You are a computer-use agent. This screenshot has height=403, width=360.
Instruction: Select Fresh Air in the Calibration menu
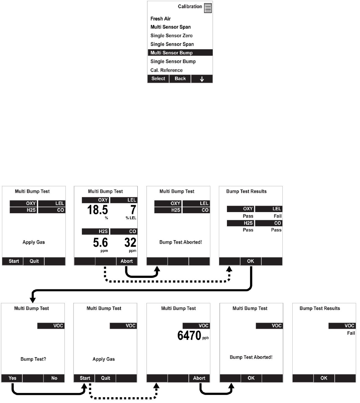click(160, 18)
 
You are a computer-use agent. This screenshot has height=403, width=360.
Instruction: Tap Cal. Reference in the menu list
click(166, 70)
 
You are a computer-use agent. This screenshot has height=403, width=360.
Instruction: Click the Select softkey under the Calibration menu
click(158, 79)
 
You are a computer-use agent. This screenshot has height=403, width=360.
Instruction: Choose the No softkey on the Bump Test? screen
click(54, 378)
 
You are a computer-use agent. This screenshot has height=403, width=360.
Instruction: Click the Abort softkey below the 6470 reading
click(199, 378)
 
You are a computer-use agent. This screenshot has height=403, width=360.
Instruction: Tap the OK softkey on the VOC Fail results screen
click(323, 378)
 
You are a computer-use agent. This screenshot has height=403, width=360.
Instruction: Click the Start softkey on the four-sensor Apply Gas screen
click(14, 261)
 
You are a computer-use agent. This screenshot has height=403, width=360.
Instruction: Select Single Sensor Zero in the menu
click(172, 35)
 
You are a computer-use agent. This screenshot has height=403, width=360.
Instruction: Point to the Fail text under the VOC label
click(351, 333)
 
